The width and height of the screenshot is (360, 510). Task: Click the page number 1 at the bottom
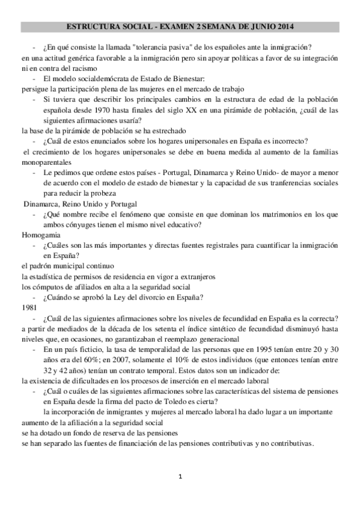[x=180, y=477]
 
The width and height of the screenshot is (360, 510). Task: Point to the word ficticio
[x=88, y=349]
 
